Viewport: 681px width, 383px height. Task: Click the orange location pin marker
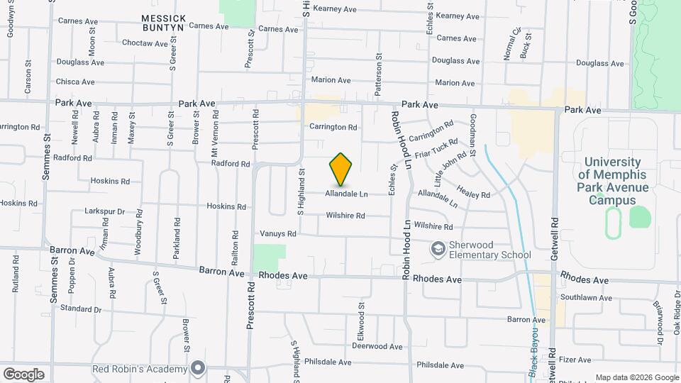[x=340, y=169]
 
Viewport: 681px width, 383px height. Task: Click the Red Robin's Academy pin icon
[x=198, y=368]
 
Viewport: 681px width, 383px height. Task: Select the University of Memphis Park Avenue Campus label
[x=613, y=181]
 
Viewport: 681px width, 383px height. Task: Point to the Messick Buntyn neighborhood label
[x=163, y=21]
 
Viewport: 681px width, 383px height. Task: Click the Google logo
[x=23, y=374]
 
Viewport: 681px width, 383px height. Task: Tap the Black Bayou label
[x=533, y=348]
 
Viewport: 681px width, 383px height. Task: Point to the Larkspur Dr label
[x=104, y=211]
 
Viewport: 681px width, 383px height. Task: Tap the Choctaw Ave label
[x=144, y=43]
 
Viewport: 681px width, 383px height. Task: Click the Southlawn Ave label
[x=586, y=298]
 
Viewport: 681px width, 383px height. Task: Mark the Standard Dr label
[x=81, y=309]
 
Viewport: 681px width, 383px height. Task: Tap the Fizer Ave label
[x=575, y=360]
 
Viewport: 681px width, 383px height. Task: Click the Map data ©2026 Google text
[x=636, y=377]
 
